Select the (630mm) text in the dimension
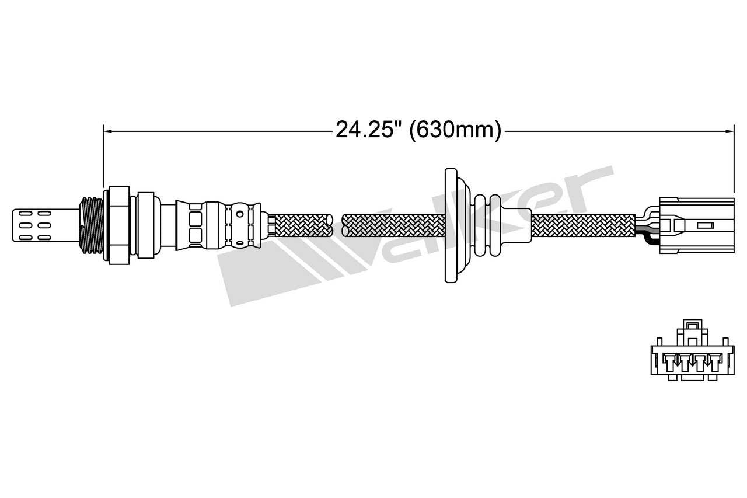(x=455, y=130)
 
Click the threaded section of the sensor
(x=91, y=225)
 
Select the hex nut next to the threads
(x=116, y=224)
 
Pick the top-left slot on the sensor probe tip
(x=25, y=214)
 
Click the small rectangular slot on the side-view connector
(x=705, y=225)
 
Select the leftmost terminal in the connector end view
(x=669, y=362)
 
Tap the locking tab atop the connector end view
(x=692, y=325)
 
